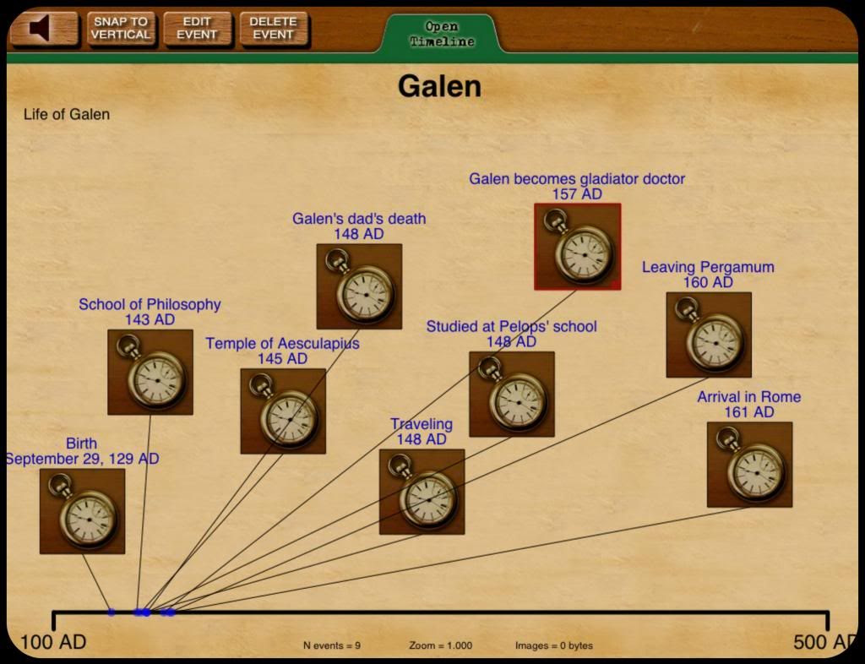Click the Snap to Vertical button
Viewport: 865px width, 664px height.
coord(121,28)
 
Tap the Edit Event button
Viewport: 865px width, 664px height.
coord(197,28)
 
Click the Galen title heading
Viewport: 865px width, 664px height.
coord(439,86)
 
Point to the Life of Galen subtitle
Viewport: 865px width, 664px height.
coord(67,115)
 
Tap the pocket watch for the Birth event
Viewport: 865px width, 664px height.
coord(82,511)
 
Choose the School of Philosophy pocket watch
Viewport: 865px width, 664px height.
coord(150,372)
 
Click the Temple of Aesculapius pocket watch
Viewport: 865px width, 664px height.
coord(283,411)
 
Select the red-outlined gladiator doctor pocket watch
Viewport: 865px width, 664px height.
coord(578,247)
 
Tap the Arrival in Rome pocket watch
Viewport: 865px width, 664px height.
coord(749,465)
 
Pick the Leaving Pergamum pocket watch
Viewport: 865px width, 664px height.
coord(709,335)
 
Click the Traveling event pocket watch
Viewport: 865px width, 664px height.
coord(422,492)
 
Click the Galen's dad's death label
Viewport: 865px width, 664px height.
coord(359,219)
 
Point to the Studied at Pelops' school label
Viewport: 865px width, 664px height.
coord(511,327)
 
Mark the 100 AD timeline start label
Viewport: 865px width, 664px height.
coord(52,642)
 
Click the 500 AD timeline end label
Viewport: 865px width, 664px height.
coord(823,642)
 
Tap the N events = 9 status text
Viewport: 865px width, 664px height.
coord(332,646)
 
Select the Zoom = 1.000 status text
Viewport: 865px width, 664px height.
coord(440,646)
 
